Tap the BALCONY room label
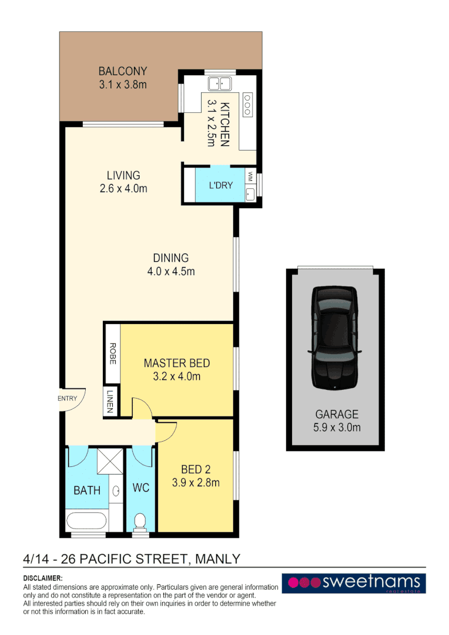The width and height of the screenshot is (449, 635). (122, 72)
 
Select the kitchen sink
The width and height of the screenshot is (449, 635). (220, 83)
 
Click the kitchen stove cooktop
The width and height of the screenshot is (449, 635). (247, 104)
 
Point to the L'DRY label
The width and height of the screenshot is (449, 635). (221, 185)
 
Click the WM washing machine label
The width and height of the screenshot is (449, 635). (250, 176)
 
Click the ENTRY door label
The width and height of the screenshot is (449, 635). (68, 399)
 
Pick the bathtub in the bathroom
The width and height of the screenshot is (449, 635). (86, 520)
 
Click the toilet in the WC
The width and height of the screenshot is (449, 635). (140, 521)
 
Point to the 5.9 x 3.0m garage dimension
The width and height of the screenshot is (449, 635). (337, 427)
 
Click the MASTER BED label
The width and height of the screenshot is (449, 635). (176, 363)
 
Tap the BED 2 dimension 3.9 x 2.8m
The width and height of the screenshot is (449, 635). (196, 483)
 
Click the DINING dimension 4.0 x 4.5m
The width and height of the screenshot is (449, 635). (170, 272)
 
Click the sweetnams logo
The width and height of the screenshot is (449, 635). (353, 583)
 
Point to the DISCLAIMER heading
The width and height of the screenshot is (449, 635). (42, 579)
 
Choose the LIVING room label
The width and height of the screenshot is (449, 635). (123, 175)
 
